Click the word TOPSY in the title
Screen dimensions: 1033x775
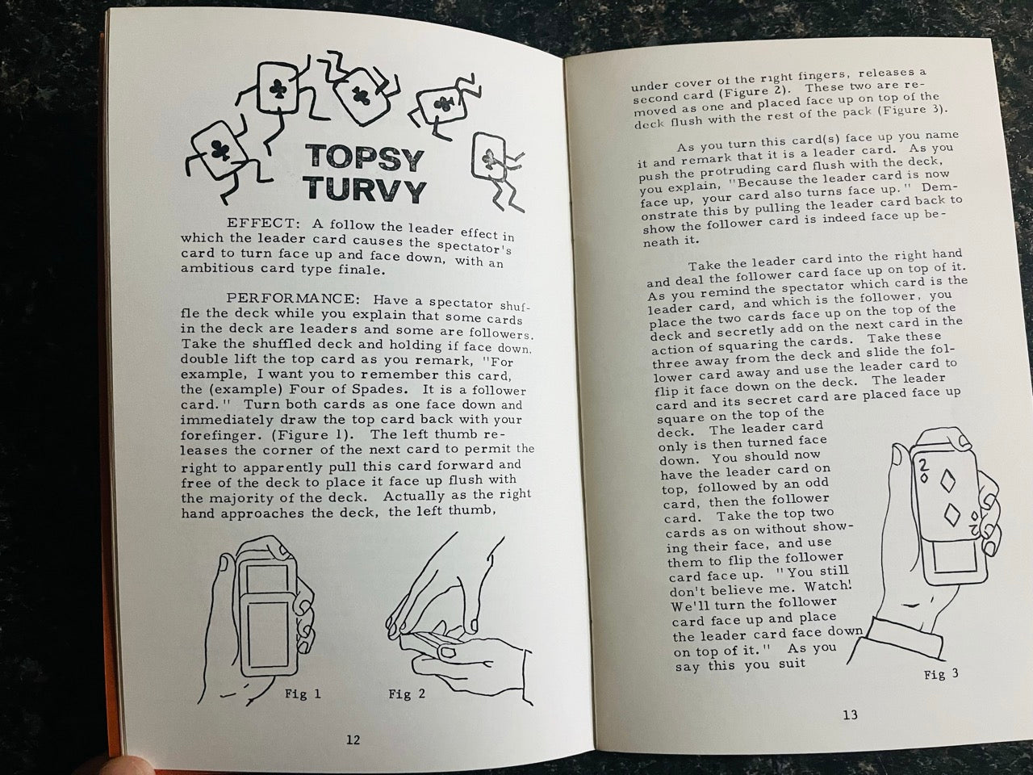(364, 158)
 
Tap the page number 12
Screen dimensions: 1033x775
(353, 739)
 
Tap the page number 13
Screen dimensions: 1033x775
(850, 714)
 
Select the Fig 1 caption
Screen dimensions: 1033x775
(303, 693)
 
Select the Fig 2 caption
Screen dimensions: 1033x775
(407, 693)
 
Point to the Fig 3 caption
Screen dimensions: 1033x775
(941, 674)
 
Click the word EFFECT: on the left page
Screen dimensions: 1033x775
(262, 223)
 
